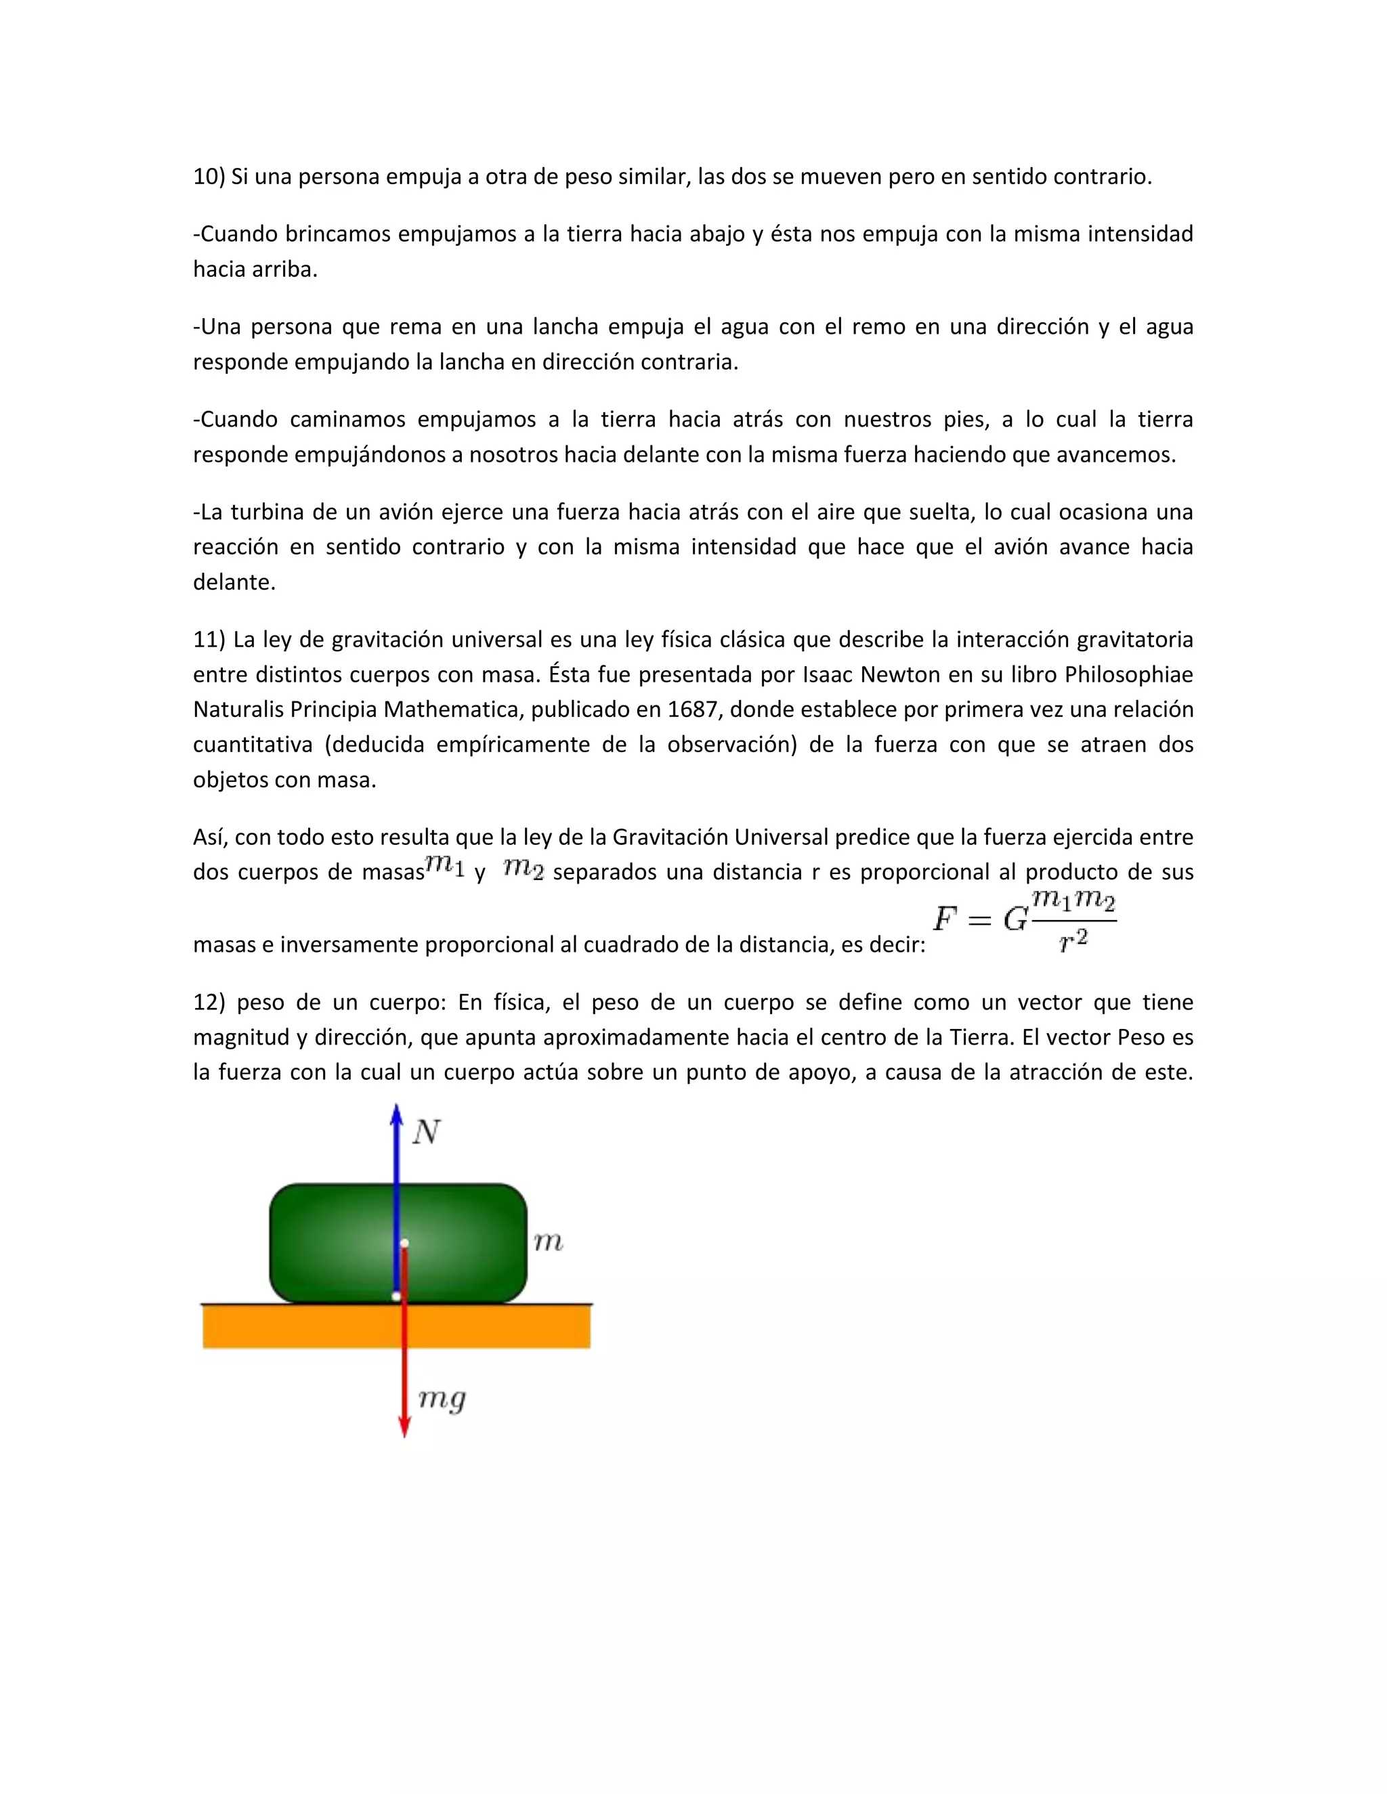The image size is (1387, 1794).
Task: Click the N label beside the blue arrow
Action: pyautogui.click(x=425, y=1132)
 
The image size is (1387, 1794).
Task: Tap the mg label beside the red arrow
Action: pyautogui.click(x=442, y=1397)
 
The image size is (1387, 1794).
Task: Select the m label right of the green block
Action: pyautogui.click(x=548, y=1242)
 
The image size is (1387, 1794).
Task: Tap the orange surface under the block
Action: pyautogui.click(x=493, y=1327)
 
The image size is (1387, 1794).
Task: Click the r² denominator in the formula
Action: pyautogui.click(x=1074, y=940)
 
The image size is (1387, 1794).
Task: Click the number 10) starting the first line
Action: pyautogui.click(x=209, y=177)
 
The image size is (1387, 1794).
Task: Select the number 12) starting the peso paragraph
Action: pyautogui.click(x=209, y=1002)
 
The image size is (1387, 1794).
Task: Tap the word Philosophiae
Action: pyautogui.click(x=1129, y=674)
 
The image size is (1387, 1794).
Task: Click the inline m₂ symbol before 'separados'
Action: pyautogui.click(x=524, y=867)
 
